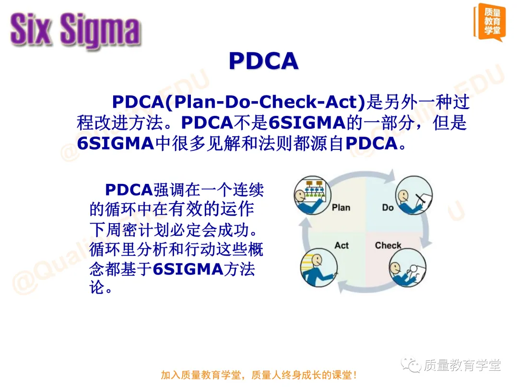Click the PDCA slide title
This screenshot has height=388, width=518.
263,61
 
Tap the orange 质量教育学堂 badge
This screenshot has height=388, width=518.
489,22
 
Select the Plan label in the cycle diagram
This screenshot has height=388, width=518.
341,207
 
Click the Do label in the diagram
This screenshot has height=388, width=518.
388,207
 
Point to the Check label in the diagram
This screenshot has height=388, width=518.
388,245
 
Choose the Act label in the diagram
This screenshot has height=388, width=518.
341,245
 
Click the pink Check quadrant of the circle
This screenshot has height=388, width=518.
393,259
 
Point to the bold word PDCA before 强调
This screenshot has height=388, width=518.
128,190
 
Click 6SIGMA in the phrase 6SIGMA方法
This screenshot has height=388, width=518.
188,270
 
